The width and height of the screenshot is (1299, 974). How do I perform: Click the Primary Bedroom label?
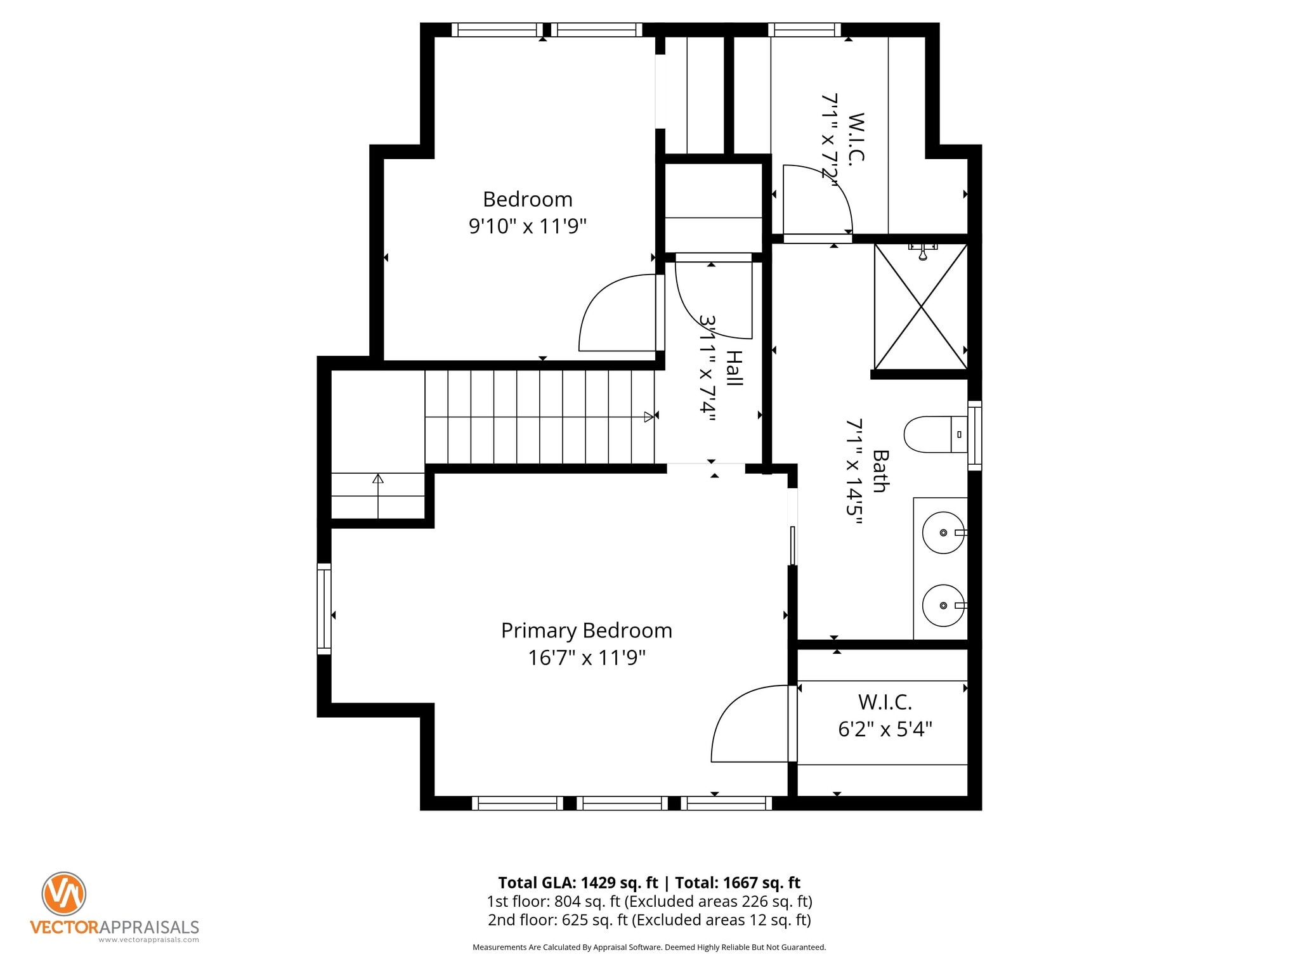coord(586,630)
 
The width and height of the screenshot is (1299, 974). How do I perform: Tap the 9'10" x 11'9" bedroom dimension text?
coord(527,226)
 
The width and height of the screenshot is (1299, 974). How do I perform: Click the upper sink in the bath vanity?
coord(943,533)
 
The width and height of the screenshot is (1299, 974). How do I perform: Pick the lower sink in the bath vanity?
coord(943,606)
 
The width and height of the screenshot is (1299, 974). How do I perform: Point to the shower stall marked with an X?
coord(920,307)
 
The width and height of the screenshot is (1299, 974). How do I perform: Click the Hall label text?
coord(734,368)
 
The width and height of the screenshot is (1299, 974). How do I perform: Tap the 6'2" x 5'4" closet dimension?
coord(884,729)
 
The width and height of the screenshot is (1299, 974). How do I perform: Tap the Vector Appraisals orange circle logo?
coord(64,893)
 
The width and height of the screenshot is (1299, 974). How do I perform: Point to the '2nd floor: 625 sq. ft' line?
coord(558,919)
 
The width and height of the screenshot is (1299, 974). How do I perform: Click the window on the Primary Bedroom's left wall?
coord(324,609)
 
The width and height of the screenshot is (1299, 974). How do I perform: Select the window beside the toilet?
coord(975,436)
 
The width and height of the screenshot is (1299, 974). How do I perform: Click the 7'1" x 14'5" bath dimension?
coord(854,471)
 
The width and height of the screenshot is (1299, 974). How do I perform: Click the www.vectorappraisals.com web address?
coord(148,940)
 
